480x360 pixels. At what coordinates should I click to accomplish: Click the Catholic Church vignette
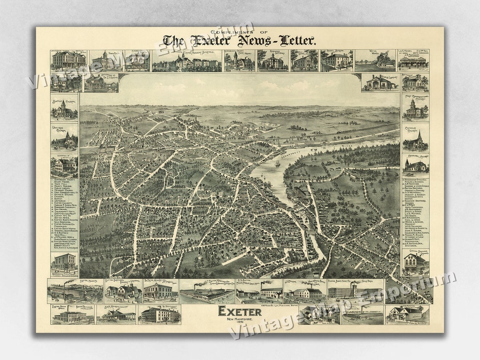416,139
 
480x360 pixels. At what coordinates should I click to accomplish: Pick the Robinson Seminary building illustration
273,60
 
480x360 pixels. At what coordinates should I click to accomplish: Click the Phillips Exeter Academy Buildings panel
187,61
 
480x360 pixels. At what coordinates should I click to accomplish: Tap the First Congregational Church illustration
416,108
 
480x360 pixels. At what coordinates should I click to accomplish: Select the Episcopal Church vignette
416,165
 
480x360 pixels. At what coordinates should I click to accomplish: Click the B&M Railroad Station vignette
116,315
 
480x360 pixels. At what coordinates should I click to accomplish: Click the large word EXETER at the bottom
240,312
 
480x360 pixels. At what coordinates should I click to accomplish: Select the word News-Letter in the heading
276,41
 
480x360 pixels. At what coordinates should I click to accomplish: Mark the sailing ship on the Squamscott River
277,164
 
